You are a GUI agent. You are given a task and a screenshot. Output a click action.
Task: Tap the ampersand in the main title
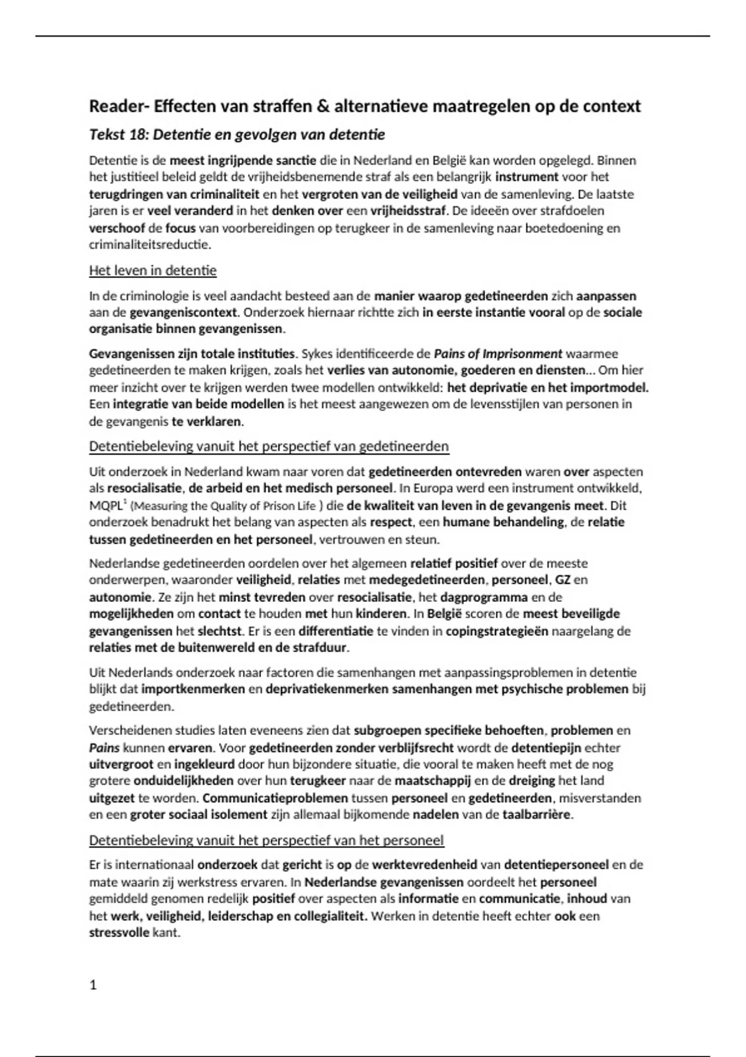[323, 106]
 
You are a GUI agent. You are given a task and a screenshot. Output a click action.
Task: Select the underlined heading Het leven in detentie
[152, 270]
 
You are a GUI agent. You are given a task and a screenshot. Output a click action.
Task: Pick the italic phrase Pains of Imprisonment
[498, 354]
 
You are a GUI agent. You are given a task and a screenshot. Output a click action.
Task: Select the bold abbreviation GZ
[563, 579]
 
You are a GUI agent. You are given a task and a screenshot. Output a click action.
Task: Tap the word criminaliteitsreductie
[149, 244]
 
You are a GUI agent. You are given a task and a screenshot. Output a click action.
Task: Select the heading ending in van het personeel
[266, 841]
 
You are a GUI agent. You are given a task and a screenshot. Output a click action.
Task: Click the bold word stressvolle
[119, 933]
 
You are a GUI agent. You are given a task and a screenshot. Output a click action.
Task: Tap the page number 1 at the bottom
[93, 985]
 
